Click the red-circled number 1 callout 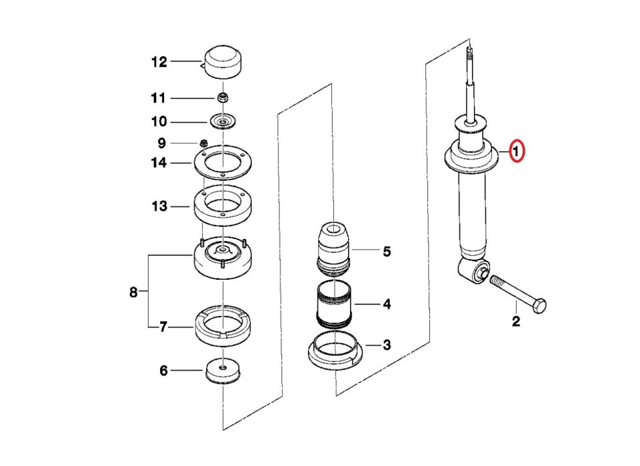pyautogui.click(x=518, y=152)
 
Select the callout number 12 pyautogui.click(x=159, y=62)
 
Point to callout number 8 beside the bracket pyautogui.click(x=133, y=292)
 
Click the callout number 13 pyautogui.click(x=159, y=206)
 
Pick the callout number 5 pyautogui.click(x=386, y=252)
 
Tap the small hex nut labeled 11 pyautogui.click(x=224, y=98)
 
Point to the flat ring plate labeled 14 pyautogui.click(x=222, y=164)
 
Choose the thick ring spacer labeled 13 pyautogui.click(x=222, y=204)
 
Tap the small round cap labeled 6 pyautogui.click(x=222, y=371)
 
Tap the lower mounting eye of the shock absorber pyautogui.click(x=473, y=271)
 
